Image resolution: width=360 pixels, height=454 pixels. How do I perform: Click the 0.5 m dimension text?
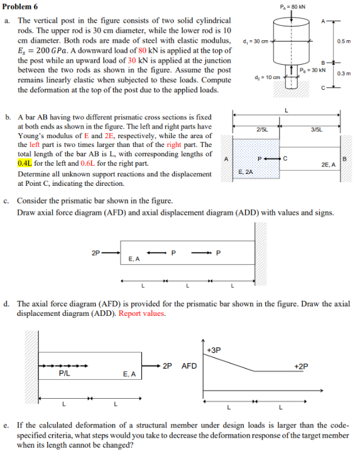343,41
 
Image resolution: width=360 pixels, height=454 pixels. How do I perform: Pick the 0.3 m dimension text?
343,74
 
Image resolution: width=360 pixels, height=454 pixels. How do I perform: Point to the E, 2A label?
245,171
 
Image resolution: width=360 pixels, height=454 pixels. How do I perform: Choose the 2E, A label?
328,165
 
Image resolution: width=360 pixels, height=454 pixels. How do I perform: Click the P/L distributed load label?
63,373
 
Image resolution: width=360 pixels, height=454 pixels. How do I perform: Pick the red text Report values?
143,313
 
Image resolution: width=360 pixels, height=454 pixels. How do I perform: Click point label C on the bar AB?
285,158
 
